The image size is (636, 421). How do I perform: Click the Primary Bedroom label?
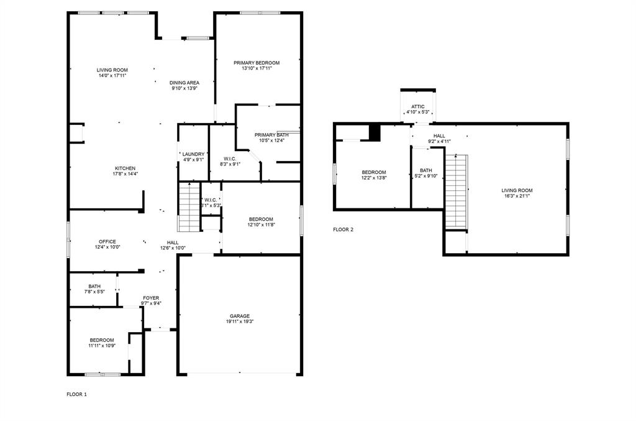coord(257,63)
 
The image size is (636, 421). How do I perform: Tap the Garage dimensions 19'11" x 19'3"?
coord(240,322)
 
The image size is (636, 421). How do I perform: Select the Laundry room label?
coord(193,154)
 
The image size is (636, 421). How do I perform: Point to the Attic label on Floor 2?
coord(418,106)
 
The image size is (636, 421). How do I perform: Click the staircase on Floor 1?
coord(189,207)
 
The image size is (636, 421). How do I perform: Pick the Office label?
coord(107,242)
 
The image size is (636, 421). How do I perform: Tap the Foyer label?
coord(151,298)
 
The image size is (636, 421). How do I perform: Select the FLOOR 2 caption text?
coord(343,229)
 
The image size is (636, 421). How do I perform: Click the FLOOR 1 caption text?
coord(77,394)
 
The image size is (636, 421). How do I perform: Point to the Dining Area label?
coord(184,83)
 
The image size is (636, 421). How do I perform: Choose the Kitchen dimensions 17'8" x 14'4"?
coord(125,174)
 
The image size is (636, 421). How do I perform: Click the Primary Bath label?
coord(271,135)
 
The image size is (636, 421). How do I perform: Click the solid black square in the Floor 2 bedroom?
coord(375,132)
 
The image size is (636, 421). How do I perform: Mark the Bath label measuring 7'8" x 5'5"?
coord(94,286)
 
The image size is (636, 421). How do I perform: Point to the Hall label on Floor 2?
coord(439,136)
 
